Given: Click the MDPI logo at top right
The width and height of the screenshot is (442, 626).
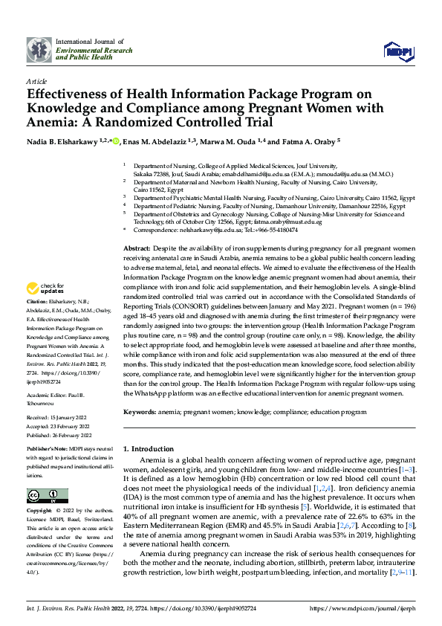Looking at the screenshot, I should click(397, 50).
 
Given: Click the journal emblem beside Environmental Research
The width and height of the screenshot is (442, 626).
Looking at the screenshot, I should click(39, 50).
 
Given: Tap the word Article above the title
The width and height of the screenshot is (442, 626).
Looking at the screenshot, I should click(36, 80).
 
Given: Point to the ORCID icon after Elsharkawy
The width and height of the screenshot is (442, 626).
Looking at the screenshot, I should click(116, 141).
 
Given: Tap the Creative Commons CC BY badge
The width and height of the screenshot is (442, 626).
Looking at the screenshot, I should click(47, 496).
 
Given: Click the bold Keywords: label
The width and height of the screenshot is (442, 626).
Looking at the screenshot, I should click(140, 411).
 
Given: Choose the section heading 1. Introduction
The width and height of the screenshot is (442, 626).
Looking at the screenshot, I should click(148, 450).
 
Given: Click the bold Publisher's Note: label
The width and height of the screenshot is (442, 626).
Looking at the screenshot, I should click(48, 451).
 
